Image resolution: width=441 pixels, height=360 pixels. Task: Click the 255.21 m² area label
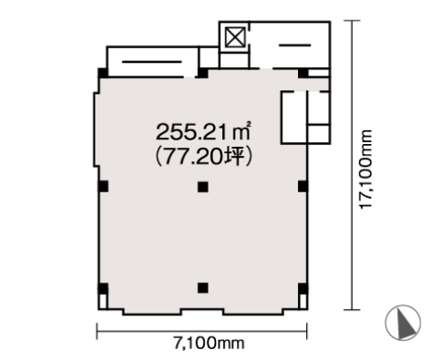coord(203,132)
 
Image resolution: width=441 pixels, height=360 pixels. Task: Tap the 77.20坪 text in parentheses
coord(203,157)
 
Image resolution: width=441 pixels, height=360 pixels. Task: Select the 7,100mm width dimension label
coord(209,344)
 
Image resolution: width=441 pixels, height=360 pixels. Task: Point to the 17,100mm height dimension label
coord(365,170)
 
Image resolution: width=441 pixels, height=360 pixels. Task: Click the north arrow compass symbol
coord(403,322)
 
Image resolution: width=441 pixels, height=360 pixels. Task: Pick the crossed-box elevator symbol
coord(235,37)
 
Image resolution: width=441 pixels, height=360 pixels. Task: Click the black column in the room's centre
coord(203,187)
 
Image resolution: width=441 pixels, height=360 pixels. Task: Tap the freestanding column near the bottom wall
coord(203,288)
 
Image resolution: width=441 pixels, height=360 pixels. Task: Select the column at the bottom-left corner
coord(103,289)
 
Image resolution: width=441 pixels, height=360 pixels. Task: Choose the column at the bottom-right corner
coord(303,289)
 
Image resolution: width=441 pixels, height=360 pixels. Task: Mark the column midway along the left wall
coord(103,186)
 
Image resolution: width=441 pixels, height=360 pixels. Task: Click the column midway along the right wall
coord(303,186)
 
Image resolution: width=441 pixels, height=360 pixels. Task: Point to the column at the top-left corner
coord(103,73)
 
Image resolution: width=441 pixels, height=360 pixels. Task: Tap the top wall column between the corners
coord(203,73)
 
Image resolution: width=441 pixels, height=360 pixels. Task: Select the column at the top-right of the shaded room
coord(303,73)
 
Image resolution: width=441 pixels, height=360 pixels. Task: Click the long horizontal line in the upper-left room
coord(151,62)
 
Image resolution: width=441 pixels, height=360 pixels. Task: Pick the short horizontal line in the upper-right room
coord(294,46)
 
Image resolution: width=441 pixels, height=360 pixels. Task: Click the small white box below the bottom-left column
coord(103,302)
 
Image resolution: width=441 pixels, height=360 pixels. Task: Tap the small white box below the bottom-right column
coord(303,302)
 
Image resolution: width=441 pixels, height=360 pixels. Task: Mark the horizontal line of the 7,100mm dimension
coord(202,331)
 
